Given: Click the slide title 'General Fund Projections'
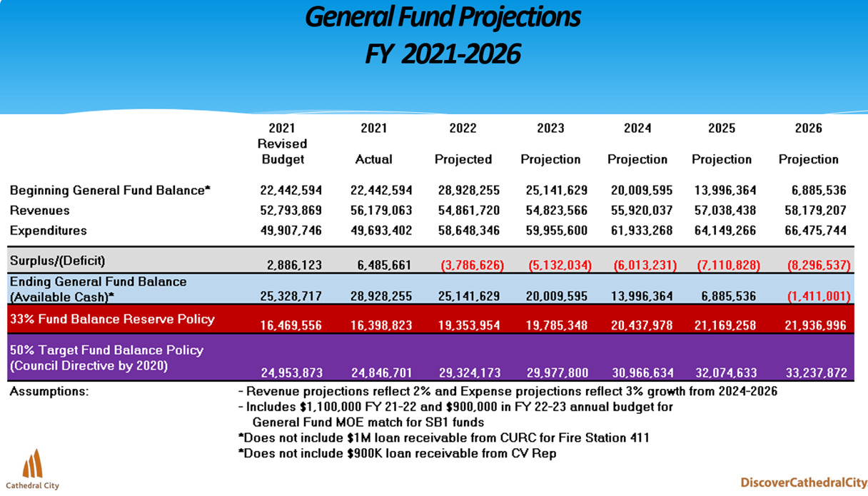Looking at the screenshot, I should pyautogui.click(x=443, y=17).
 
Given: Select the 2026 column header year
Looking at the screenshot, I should pyautogui.click(x=808, y=128).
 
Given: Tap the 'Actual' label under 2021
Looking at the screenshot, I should pyautogui.click(x=373, y=159).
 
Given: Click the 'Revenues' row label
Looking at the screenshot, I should pyautogui.click(x=40, y=211).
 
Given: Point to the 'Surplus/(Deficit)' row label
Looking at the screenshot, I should pyautogui.click(x=57, y=260).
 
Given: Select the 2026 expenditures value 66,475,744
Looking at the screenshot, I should pyautogui.click(x=812, y=231).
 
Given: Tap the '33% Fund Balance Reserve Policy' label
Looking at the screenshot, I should pyautogui.click(x=112, y=319).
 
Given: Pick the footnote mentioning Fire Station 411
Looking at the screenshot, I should pyautogui.click(x=443, y=437).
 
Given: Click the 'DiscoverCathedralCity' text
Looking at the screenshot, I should pyautogui.click(x=803, y=482).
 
